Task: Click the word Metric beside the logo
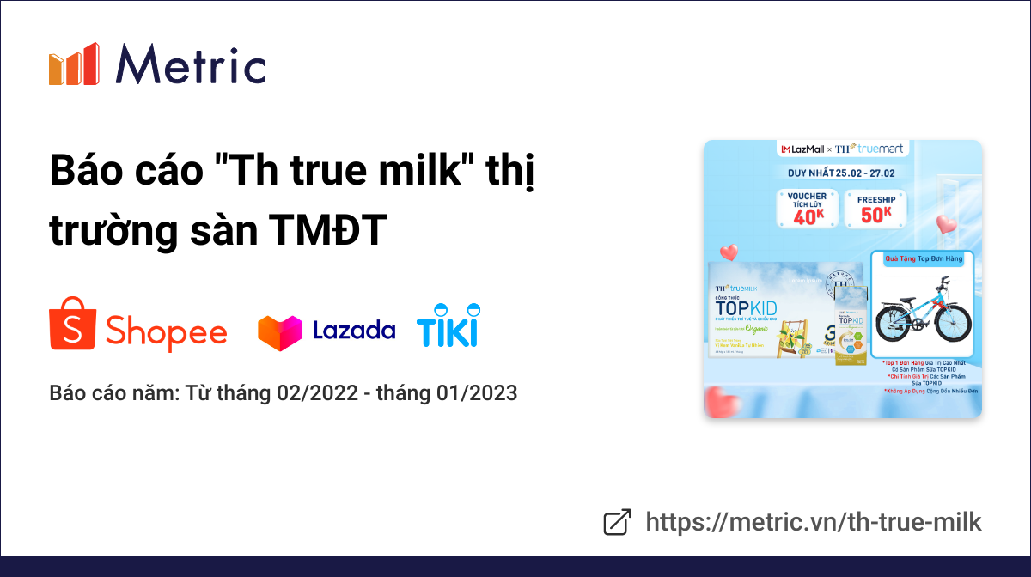191,64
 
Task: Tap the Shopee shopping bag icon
71,324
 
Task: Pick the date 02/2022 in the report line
315,393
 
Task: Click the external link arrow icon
617,522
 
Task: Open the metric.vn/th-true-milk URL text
813,522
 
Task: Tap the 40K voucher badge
808,208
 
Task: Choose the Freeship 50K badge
876,208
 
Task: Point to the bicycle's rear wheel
894,323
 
